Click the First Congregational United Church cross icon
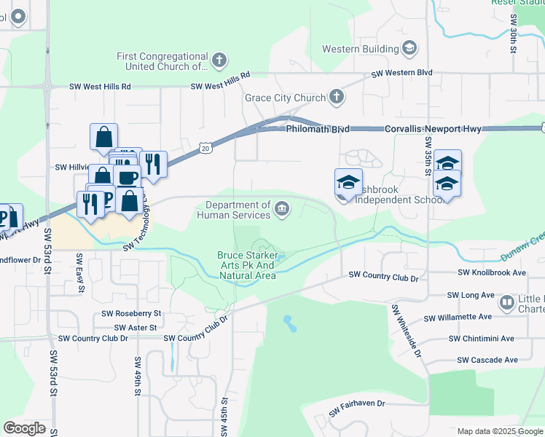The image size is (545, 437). click(219, 59)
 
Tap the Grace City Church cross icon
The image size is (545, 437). click(336, 96)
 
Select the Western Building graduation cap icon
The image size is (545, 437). click(409, 49)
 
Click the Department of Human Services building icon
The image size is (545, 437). click(282, 210)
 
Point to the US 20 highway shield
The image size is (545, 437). click(205, 148)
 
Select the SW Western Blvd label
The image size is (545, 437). click(401, 74)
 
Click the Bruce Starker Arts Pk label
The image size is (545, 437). click(247, 265)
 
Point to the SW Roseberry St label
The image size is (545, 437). click(128, 314)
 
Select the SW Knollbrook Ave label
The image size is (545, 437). click(492, 272)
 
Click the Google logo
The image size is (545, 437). click(24, 428)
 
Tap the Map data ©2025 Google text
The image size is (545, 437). click(500, 431)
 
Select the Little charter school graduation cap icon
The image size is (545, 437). click(507, 301)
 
